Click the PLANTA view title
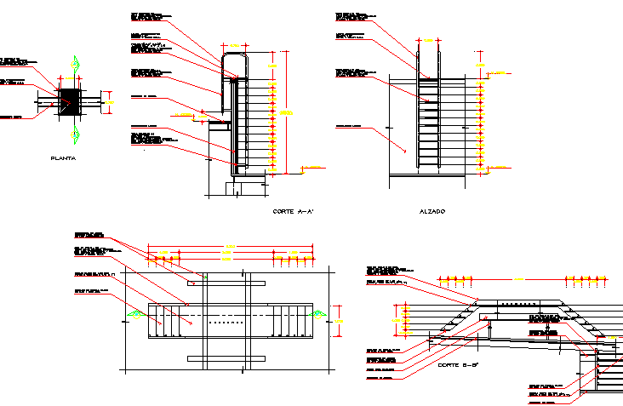tap(65, 158)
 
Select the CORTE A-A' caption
tap(294, 211)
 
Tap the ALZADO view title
tap(432, 211)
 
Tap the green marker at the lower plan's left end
tap(134, 315)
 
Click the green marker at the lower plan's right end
tap(320, 315)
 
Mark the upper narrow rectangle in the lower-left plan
tap(226, 282)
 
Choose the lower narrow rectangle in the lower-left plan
tap(226, 357)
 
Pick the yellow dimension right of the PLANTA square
tap(106, 100)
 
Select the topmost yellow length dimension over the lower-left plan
tap(230, 249)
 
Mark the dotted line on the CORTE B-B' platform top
tap(520, 304)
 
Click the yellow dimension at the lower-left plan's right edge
tap(339, 320)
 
